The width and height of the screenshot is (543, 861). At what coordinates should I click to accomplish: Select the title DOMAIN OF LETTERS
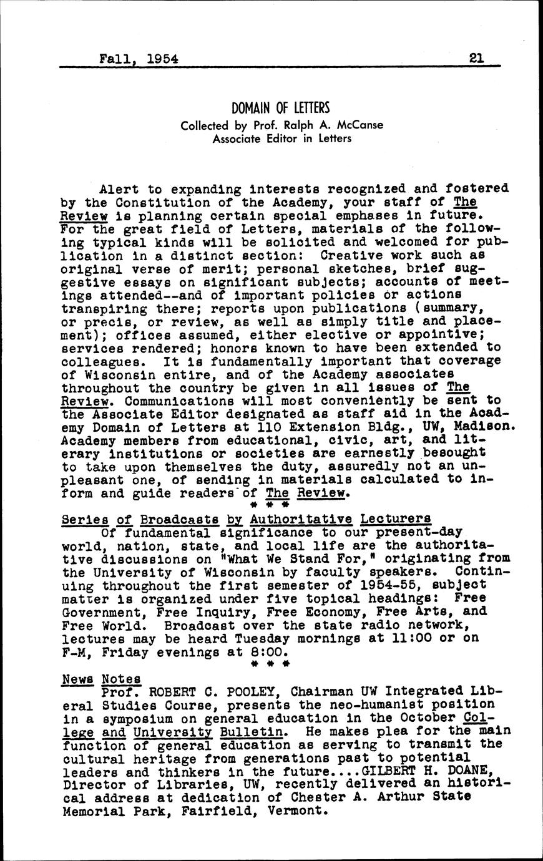pos(280,109)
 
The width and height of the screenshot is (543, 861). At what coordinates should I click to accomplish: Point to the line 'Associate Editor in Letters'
pos(281,139)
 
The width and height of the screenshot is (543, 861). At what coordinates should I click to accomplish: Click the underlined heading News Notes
pos(101,679)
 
